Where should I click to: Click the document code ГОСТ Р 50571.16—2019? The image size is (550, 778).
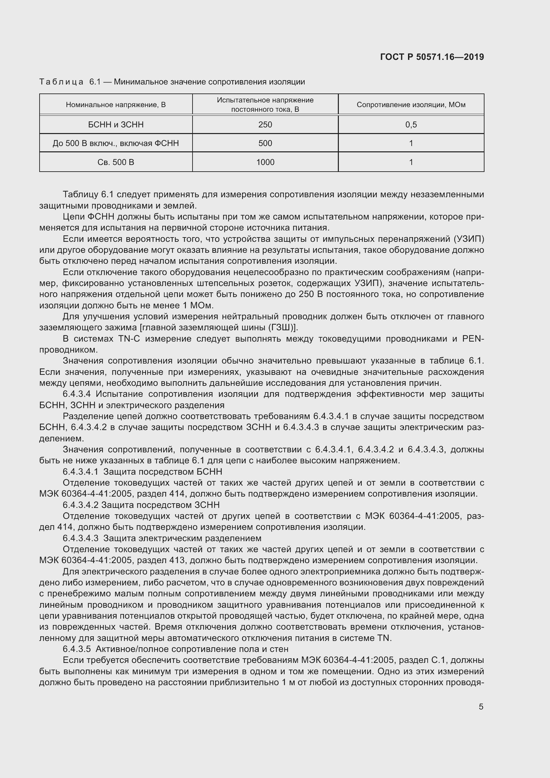pyautogui.click(x=432, y=57)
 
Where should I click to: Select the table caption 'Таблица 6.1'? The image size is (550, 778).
pyautogui.click(x=70, y=82)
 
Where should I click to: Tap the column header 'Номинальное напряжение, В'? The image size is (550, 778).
pyautogui.click(x=116, y=105)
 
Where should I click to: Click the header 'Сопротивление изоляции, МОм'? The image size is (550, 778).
pyautogui.click(x=411, y=105)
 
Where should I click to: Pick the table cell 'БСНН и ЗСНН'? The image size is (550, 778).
pyautogui.click(x=116, y=125)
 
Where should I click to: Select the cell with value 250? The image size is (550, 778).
pyautogui.click(x=265, y=125)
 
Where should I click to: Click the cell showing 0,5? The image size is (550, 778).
pyautogui.click(x=411, y=125)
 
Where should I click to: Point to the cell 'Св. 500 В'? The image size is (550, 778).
pyautogui.click(x=116, y=162)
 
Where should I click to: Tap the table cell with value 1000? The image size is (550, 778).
pyautogui.click(x=265, y=162)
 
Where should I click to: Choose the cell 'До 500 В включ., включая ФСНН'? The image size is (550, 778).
pyautogui.click(x=116, y=143)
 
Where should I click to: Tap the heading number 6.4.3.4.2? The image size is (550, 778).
pyautogui.click(x=80, y=505)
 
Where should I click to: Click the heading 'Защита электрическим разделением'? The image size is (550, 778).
pyautogui.click(x=182, y=539)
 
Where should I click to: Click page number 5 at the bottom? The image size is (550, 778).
pyautogui.click(x=481, y=707)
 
